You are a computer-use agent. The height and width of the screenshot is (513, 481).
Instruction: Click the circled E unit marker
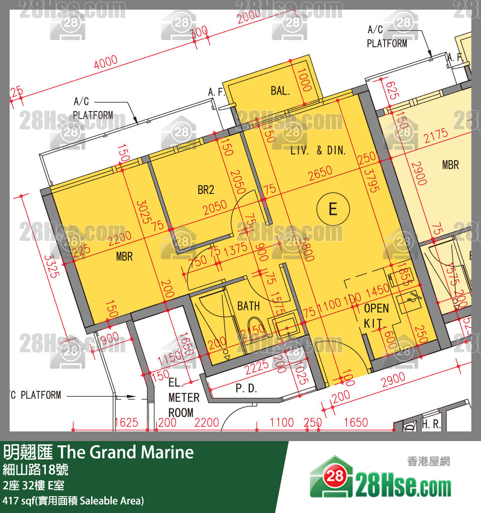[x=333, y=209]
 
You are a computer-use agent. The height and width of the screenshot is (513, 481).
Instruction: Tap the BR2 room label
[x=206, y=190]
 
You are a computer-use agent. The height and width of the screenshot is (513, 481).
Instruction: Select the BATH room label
[x=248, y=306]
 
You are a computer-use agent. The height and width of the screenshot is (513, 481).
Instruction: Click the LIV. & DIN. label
[x=318, y=151]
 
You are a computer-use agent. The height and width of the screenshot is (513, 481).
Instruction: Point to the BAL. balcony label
[x=280, y=91]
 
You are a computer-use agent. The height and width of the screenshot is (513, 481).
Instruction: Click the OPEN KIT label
[x=375, y=316]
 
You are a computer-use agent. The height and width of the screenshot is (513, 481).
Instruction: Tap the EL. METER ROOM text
[x=184, y=398]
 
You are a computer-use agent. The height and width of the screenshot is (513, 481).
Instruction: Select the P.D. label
[x=246, y=388]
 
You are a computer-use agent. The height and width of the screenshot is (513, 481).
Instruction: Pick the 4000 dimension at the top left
[x=106, y=62]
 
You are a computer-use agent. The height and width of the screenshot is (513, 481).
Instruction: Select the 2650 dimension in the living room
[x=320, y=172]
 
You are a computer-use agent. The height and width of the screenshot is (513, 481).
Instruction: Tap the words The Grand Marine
[x=126, y=452]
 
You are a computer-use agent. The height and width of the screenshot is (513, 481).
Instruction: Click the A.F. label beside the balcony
[x=217, y=92]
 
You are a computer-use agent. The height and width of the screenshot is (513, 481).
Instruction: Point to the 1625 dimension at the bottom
[x=126, y=423]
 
